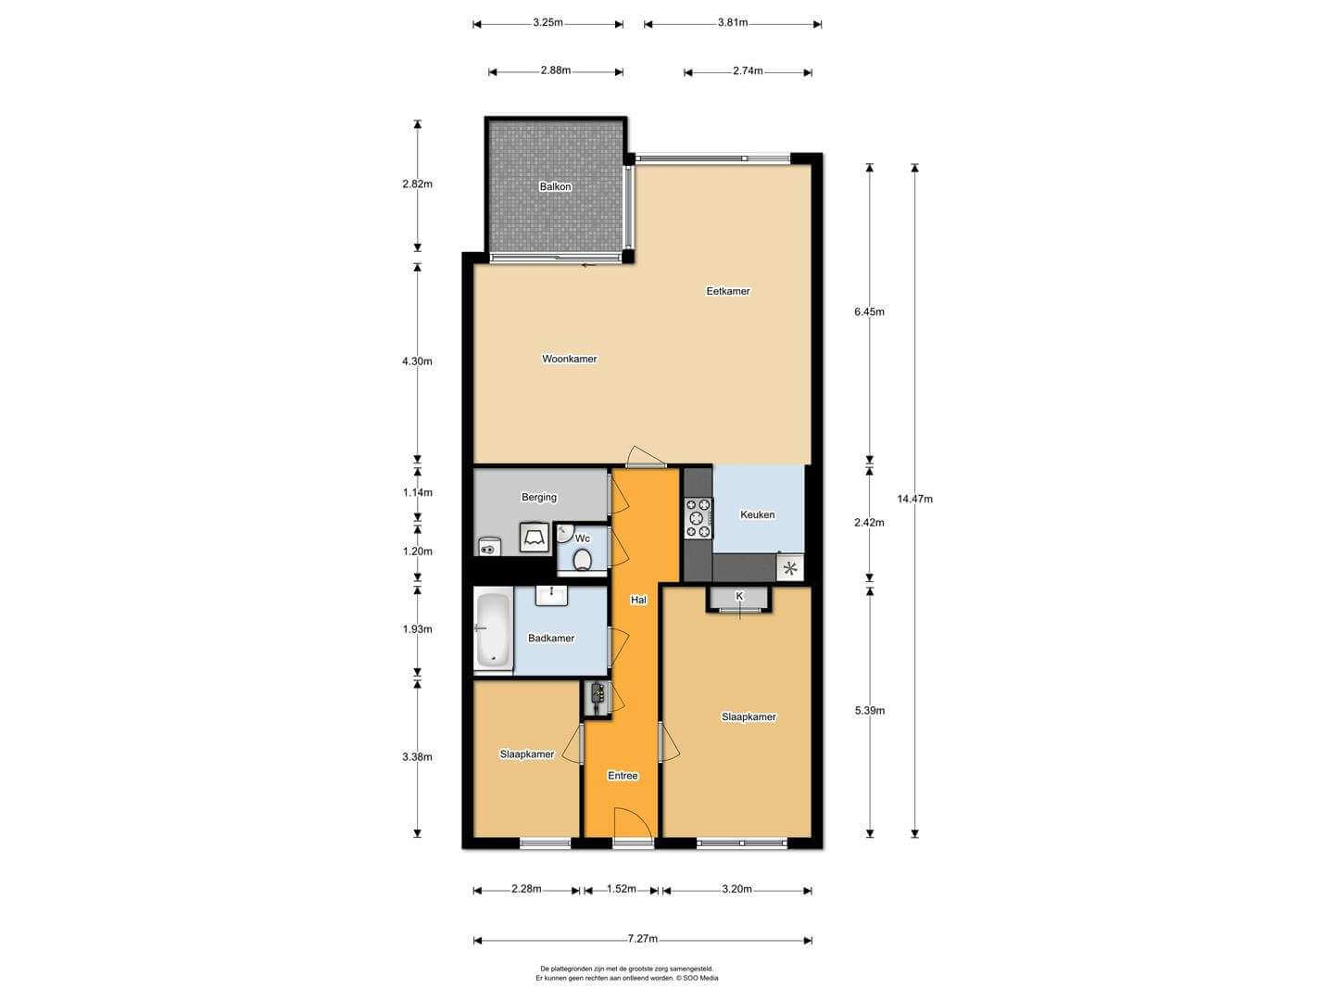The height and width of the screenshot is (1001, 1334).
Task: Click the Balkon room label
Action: point(555,186)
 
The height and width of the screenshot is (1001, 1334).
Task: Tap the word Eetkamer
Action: point(727,291)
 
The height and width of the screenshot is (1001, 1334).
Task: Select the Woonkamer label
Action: point(569,359)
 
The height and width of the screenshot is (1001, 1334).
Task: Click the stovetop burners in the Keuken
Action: point(698,518)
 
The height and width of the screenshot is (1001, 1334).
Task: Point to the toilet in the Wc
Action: point(582,560)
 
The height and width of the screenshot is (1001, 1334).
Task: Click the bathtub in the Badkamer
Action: point(493,629)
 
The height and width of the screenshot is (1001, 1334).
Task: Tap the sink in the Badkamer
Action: point(551,596)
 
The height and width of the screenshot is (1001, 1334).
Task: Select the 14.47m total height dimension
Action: point(914,499)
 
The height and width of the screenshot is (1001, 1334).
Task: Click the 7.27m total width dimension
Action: point(642,939)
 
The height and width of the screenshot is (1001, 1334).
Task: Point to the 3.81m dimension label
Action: point(733,23)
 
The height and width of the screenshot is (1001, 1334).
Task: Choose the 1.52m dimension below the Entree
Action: point(621,889)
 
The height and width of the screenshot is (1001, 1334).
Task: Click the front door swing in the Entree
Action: point(634,823)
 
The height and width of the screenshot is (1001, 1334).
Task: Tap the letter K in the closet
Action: point(739,596)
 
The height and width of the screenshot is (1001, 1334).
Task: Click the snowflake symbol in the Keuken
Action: point(790,569)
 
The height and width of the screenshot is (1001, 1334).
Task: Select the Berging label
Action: point(538,497)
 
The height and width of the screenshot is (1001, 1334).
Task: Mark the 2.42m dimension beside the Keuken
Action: point(869,522)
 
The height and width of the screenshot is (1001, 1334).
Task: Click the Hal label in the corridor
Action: point(638,600)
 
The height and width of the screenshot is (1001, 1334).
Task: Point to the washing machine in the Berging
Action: point(535,538)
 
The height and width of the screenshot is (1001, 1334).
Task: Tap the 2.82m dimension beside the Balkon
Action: point(417,184)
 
